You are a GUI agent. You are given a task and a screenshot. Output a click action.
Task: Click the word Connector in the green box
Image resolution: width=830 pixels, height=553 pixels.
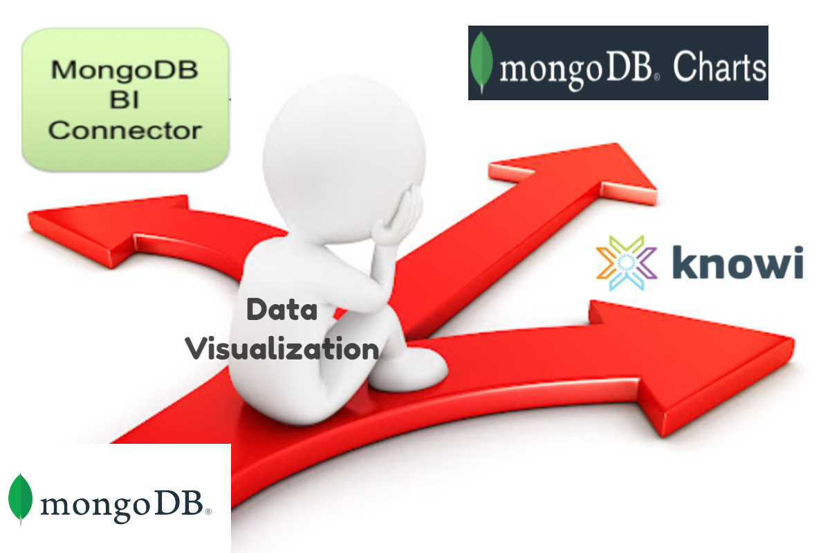pos(125,129)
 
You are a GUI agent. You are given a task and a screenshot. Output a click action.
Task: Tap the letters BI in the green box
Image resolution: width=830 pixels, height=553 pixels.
pos(124,100)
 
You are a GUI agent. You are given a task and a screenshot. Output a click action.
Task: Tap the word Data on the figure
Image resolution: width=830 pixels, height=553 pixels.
pos(282,310)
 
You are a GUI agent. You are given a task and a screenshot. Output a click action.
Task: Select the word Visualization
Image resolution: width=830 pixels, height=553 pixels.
pos(283,347)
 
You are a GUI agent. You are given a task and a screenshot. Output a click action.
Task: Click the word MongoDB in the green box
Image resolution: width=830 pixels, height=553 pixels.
pos(125,70)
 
